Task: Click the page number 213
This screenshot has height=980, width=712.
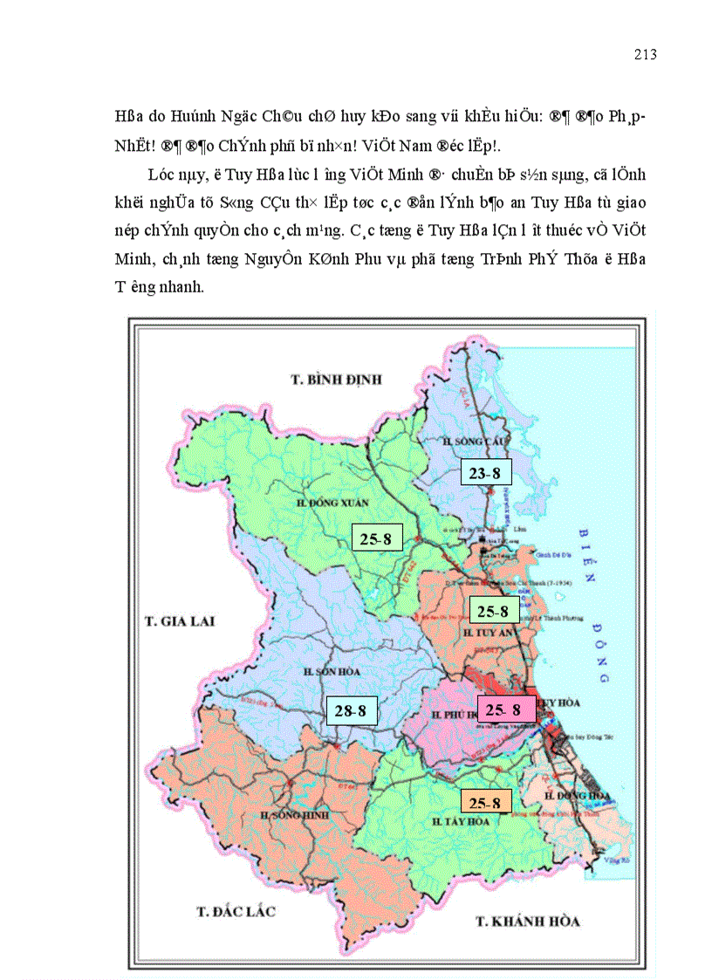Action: tap(645, 55)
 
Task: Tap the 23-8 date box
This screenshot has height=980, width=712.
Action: tap(486, 473)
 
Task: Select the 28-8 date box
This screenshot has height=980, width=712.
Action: tap(353, 711)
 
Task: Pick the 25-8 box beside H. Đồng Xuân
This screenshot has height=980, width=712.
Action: tap(376, 538)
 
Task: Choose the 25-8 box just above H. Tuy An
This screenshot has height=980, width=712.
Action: tap(495, 610)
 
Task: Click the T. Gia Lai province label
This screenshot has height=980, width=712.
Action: tap(179, 621)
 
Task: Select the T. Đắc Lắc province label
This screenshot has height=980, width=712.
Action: tap(236, 912)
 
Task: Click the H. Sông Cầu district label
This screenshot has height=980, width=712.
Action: tap(469, 442)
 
